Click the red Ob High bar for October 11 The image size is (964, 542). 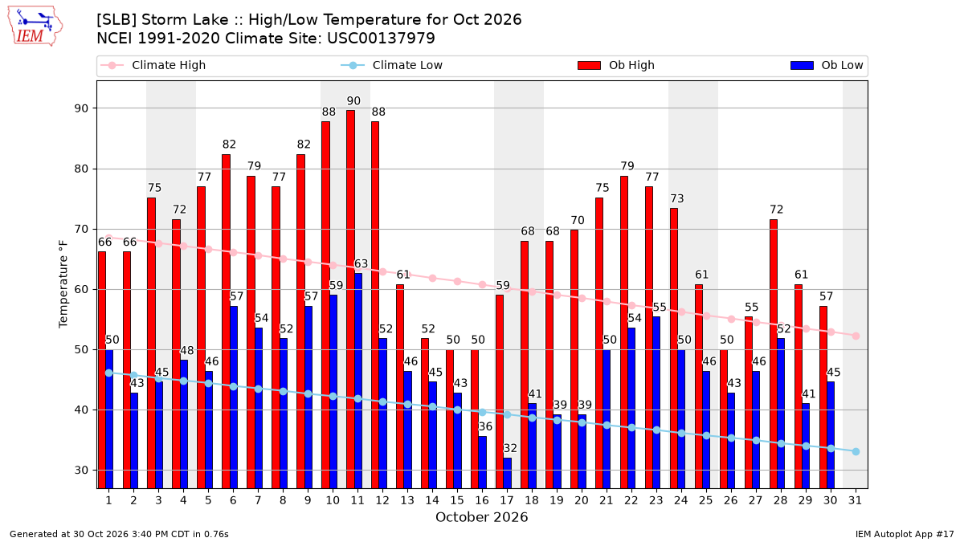coord(351,300)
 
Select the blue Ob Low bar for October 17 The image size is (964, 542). coord(508,473)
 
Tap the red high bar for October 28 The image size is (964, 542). coord(774,354)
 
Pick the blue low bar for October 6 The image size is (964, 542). coord(234,397)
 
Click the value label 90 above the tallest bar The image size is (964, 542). coord(353,101)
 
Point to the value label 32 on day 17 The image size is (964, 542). coord(510,448)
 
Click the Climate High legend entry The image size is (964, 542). coord(153,65)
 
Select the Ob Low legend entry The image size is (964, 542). coord(827,65)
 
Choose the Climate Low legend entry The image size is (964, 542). coord(392,65)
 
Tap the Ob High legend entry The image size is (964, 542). coord(616,65)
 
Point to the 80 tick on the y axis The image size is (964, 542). coord(81,169)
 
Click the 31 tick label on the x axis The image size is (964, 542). coord(855,501)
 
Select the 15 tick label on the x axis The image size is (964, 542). coord(457,501)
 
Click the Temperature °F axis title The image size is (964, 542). coord(63,284)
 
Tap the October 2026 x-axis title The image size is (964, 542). coord(481,517)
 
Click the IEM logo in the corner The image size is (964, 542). coord(35,26)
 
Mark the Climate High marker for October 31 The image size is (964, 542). coord(856,336)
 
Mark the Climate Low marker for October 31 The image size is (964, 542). coord(856,451)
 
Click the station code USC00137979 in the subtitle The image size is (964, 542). coord(382,39)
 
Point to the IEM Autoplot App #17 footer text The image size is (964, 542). coord(905,534)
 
